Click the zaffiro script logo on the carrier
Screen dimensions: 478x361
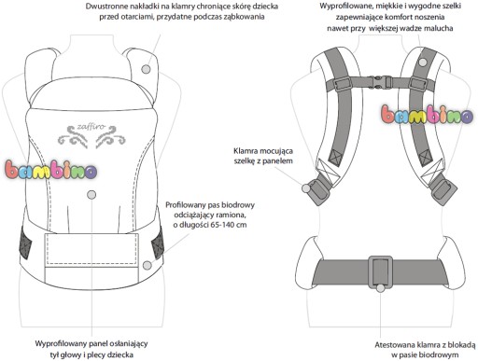pyautogui.click(x=87, y=135)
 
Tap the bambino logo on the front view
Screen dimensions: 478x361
pyautogui.click(x=50, y=170)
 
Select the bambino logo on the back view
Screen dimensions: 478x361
pyautogui.click(x=428, y=114)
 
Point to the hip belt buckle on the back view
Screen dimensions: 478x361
pyautogui.click(x=380, y=271)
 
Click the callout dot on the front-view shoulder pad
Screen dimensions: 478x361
pyautogui.click(x=146, y=69)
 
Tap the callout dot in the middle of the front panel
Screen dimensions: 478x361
pyautogui.click(x=91, y=195)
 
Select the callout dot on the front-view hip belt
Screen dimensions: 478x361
pyautogui.click(x=147, y=265)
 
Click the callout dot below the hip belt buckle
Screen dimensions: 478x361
pyautogui.click(x=380, y=288)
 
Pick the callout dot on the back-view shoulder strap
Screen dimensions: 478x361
pyautogui.click(x=422, y=62)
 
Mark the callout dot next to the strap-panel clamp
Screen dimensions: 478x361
pyautogui.click(x=306, y=187)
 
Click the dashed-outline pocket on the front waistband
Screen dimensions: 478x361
pyautogui.click(x=91, y=249)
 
